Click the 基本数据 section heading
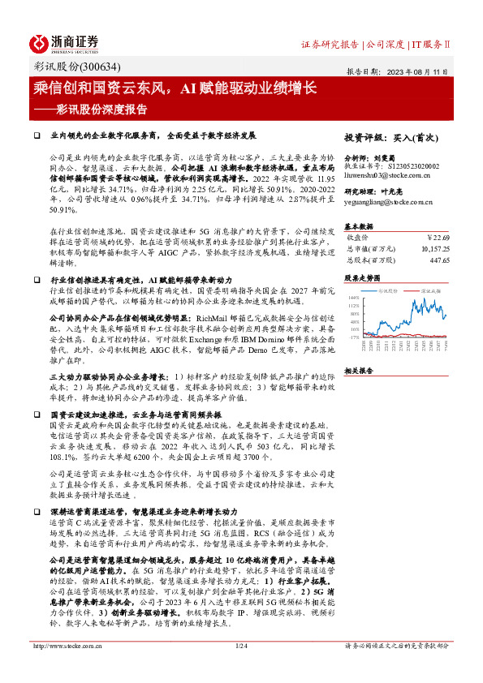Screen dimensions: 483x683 [360, 226]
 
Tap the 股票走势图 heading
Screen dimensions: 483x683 [362, 277]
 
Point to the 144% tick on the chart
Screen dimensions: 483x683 [353, 298]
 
